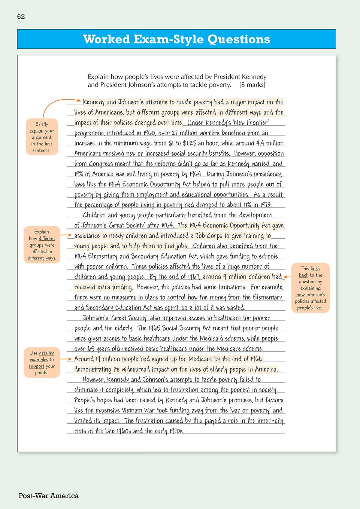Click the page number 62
pos(21,16)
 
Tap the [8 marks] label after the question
pos(252,85)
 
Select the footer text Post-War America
pos(49,496)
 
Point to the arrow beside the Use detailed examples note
pos(66,359)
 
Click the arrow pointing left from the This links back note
pos(287,277)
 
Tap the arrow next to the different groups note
pos(66,235)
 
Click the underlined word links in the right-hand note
pos(315,269)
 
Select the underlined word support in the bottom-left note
pos(36,366)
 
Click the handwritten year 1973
pos(266,205)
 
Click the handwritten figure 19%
pos(79,174)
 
